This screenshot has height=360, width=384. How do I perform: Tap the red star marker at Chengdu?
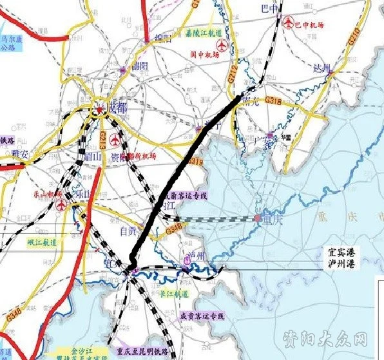[100, 110]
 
